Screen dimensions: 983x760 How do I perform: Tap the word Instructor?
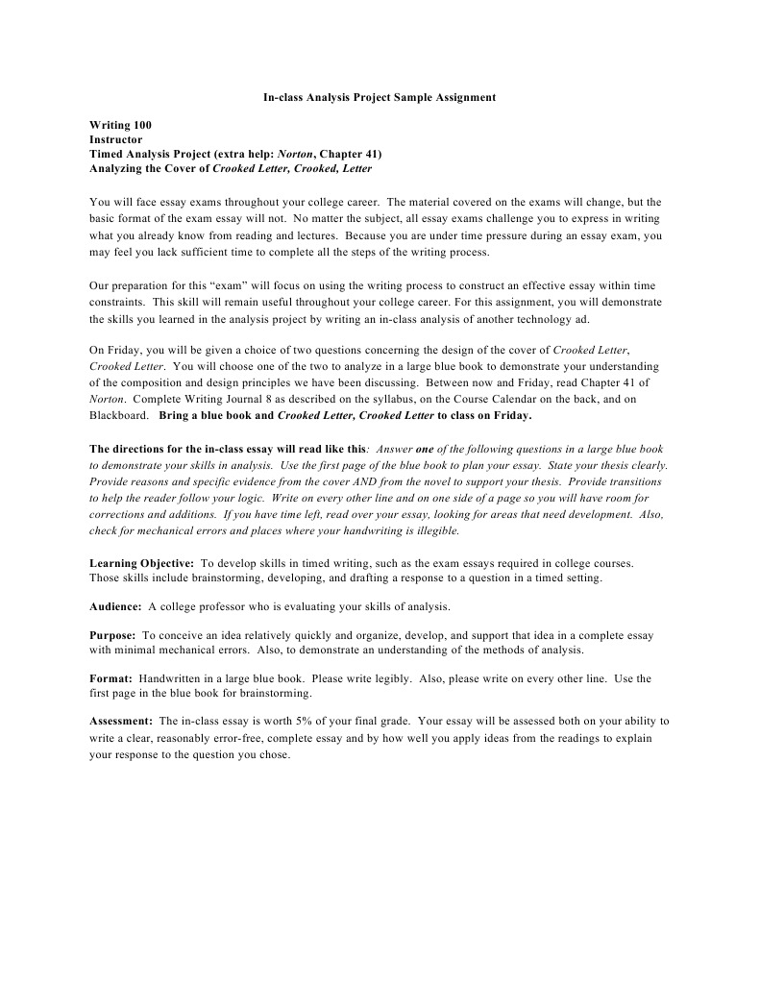pos(115,139)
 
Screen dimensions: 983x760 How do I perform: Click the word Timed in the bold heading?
pos(107,154)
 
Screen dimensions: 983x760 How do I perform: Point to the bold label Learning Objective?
pos(141,562)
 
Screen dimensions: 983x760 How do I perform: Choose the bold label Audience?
pos(115,606)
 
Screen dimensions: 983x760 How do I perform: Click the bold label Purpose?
pos(113,635)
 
